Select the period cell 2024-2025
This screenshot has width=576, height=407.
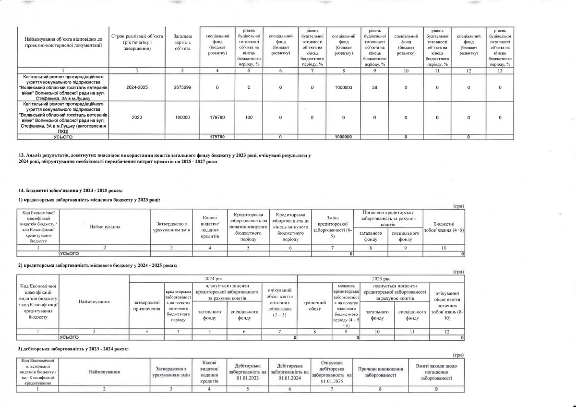(x=137, y=88)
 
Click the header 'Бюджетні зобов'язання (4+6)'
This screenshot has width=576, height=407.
(x=444, y=227)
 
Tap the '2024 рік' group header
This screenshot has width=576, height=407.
(x=214, y=278)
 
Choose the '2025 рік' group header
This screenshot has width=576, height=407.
(x=381, y=278)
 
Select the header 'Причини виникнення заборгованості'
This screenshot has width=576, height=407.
(x=379, y=371)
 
